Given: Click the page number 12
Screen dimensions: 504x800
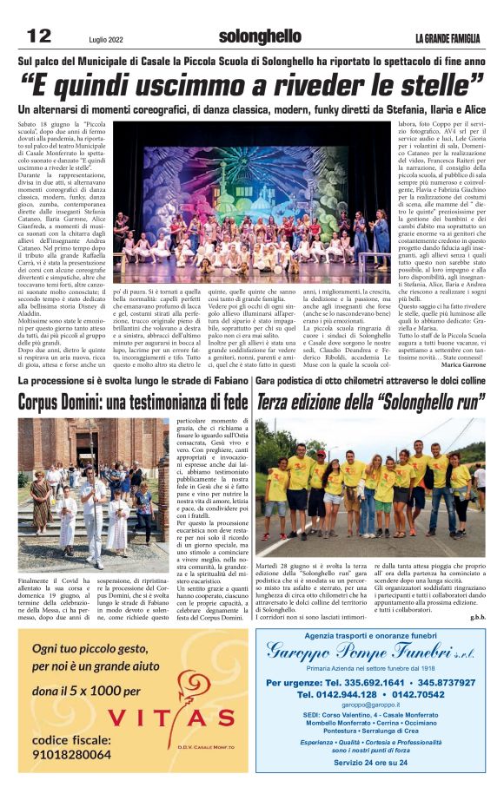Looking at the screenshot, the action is click(40, 36).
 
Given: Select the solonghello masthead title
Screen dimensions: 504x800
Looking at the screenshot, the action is click(260, 37).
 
